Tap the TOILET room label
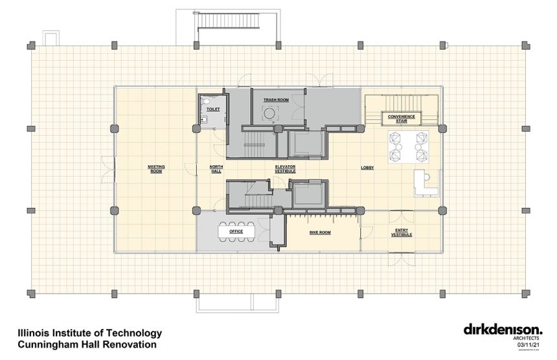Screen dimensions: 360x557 coord(212,109)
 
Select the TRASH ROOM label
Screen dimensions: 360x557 coord(275,100)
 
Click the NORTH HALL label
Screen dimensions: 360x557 coord(216,168)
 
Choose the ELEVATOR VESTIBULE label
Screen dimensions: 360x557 coord(286,168)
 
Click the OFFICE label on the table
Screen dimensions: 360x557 coord(235,231)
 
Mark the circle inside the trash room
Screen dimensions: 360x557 coord(269,114)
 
